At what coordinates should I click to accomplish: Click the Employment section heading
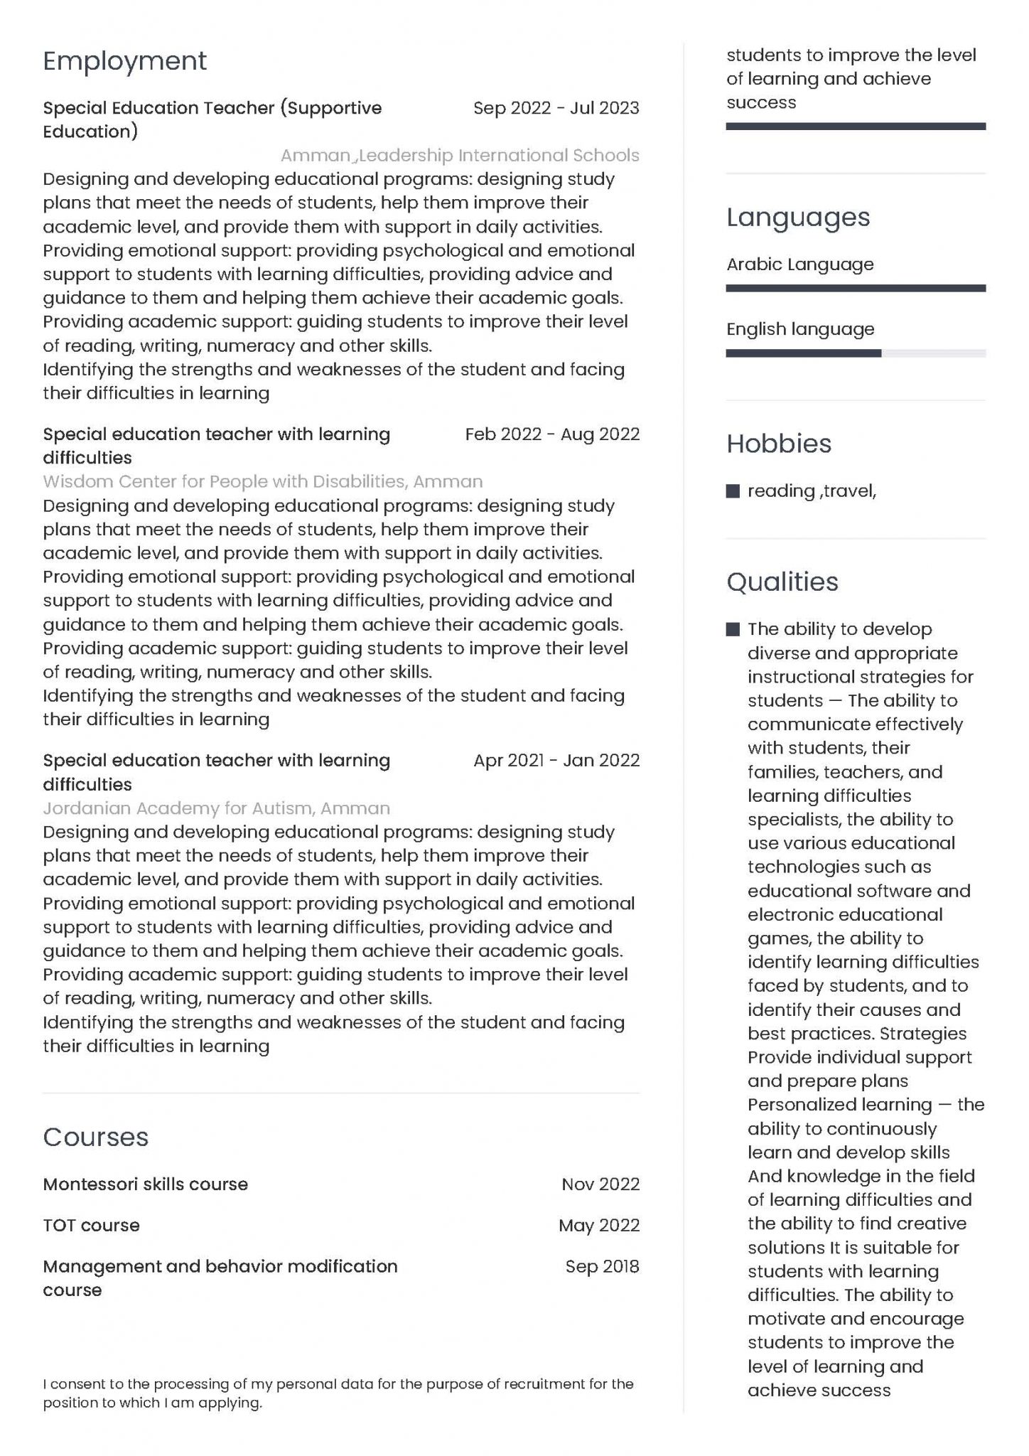pyautogui.click(x=124, y=61)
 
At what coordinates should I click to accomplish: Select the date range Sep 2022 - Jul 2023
pyautogui.click(x=556, y=108)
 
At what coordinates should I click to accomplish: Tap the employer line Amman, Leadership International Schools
pyautogui.click(x=460, y=156)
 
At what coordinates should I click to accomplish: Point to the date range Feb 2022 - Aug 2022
pyautogui.click(x=552, y=434)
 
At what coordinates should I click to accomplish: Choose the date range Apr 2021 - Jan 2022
pyautogui.click(x=556, y=761)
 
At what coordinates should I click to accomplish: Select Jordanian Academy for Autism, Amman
pyautogui.click(x=216, y=808)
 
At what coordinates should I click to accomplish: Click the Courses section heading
pyautogui.click(x=95, y=1137)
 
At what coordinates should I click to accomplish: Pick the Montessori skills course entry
pyautogui.click(x=145, y=1184)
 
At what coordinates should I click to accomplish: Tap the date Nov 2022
pyautogui.click(x=600, y=1184)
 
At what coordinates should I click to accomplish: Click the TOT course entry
pyautogui.click(x=91, y=1226)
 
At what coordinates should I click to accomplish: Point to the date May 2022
pyautogui.click(x=599, y=1226)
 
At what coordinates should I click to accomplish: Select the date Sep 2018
pyautogui.click(x=602, y=1267)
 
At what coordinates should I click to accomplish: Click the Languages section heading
pyautogui.click(x=797, y=217)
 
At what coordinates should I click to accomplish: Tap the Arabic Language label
pyautogui.click(x=799, y=264)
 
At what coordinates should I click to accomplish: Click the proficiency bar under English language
pyautogui.click(x=855, y=353)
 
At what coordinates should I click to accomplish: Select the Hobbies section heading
pyautogui.click(x=778, y=444)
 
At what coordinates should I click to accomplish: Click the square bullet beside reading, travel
pyautogui.click(x=733, y=491)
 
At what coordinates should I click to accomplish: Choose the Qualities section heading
pyautogui.click(x=782, y=582)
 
